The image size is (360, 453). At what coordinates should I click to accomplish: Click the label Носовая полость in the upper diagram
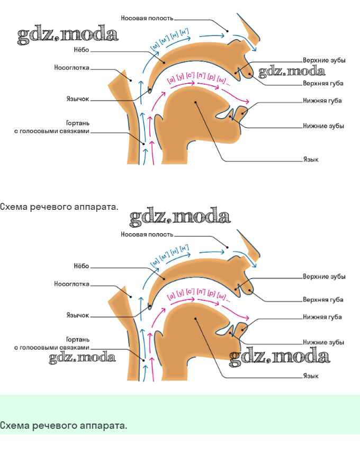click(147, 18)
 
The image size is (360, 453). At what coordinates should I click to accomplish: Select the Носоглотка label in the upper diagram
click(72, 68)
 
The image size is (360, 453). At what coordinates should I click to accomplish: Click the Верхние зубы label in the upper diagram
click(324, 60)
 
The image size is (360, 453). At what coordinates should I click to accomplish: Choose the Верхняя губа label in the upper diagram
click(323, 83)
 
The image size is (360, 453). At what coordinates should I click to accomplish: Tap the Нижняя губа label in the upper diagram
click(322, 101)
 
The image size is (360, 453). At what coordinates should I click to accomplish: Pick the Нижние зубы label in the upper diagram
click(323, 126)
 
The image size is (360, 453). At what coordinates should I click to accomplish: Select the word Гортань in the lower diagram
click(78, 339)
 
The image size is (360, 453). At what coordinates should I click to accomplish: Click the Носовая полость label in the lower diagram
click(147, 234)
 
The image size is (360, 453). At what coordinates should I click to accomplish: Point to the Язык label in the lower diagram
click(310, 376)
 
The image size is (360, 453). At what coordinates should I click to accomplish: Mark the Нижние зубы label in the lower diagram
click(323, 342)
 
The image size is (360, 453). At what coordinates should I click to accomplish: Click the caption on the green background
click(64, 425)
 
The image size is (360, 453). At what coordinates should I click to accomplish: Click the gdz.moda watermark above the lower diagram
click(180, 216)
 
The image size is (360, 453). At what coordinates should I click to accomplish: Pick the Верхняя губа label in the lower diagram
click(323, 299)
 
